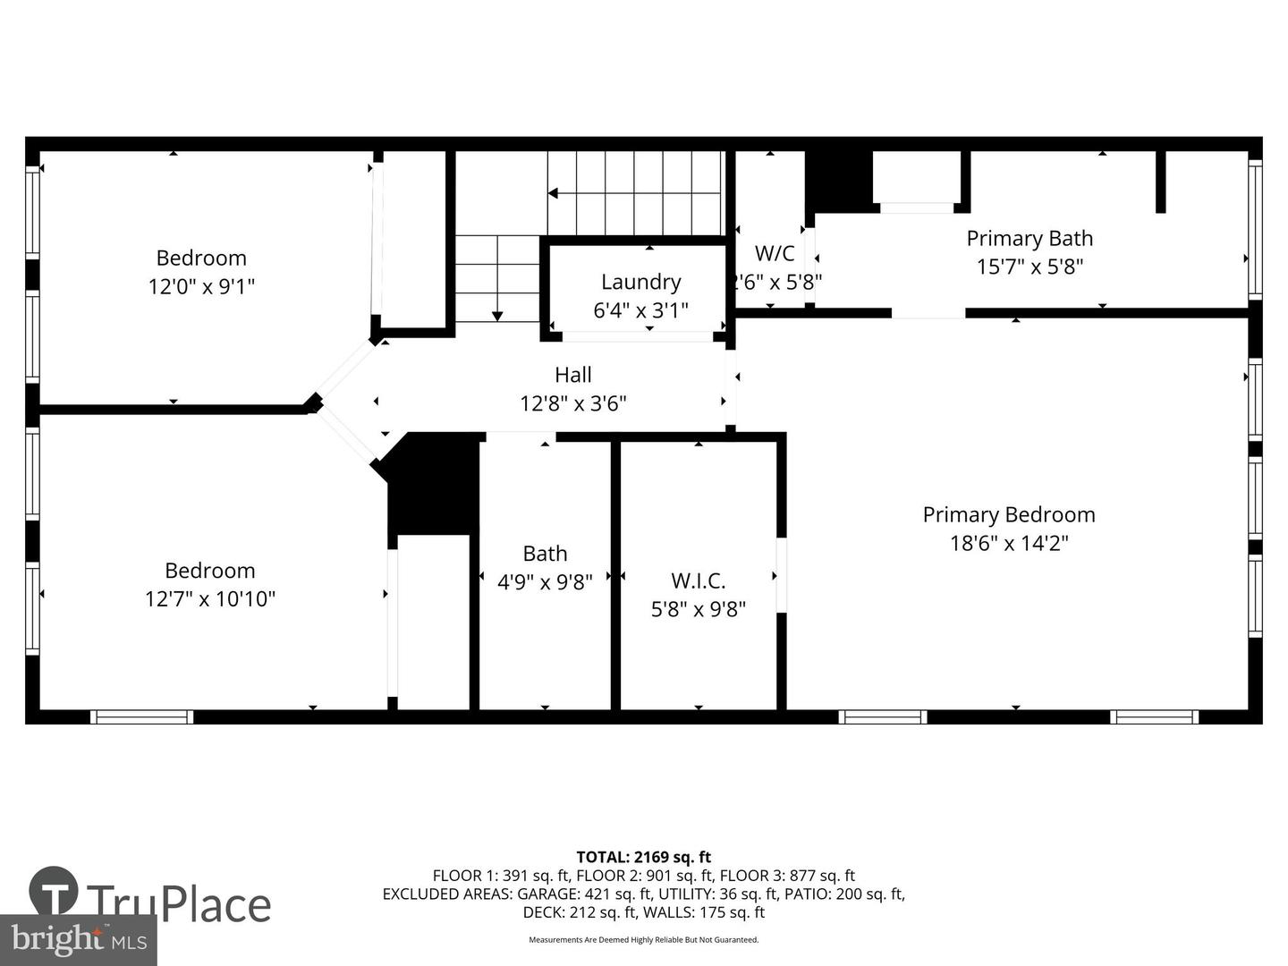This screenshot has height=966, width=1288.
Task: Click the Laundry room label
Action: [640, 282]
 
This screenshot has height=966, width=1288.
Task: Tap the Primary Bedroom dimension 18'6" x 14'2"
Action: [1009, 543]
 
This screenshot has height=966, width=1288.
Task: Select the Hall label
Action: [572, 375]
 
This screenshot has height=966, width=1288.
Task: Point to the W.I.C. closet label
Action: [699, 580]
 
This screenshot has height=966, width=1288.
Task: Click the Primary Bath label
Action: [1030, 239]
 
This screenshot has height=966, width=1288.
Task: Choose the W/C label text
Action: [775, 253]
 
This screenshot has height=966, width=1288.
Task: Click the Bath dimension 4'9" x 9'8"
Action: [545, 581]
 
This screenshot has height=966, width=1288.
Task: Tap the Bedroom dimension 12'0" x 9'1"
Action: [201, 287]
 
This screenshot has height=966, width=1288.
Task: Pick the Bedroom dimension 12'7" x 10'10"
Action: [210, 599]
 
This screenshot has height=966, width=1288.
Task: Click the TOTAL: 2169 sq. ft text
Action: [644, 858]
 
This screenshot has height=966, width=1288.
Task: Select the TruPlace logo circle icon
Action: [54, 891]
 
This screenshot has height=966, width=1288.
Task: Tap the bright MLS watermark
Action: [79, 939]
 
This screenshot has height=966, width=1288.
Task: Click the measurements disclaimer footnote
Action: [644, 939]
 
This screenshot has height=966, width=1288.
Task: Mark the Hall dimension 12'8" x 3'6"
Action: [573, 403]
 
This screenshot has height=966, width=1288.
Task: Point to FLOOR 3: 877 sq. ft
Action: [787, 876]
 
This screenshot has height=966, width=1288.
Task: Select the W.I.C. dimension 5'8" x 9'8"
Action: [699, 609]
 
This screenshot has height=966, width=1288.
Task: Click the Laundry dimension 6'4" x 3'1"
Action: [640, 310]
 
